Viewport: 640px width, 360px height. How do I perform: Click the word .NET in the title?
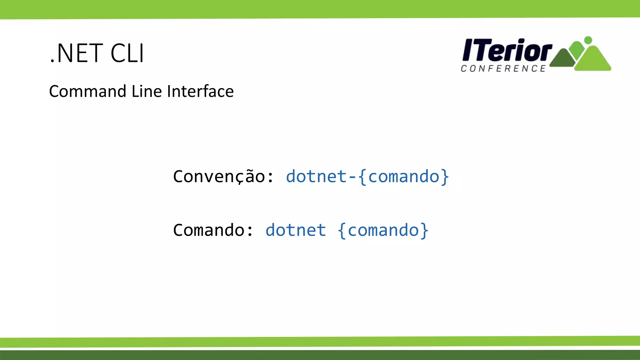pyautogui.click(x=76, y=53)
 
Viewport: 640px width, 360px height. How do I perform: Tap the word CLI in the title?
pyautogui.click(x=127, y=53)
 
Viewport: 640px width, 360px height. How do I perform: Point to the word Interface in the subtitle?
pyautogui.click(x=200, y=92)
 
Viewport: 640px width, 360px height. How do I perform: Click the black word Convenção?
pyautogui.click(x=223, y=177)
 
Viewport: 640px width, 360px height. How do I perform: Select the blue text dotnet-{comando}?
pyautogui.click(x=367, y=177)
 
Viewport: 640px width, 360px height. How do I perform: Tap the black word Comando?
pyautogui.click(x=213, y=230)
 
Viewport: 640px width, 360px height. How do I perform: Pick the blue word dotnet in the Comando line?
pyautogui.click(x=296, y=230)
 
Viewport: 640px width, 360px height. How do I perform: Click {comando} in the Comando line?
pyautogui.click(x=383, y=230)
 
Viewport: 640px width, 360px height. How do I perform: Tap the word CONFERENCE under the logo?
pyautogui.click(x=503, y=69)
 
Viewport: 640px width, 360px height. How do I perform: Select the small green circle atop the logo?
pyautogui.click(x=588, y=40)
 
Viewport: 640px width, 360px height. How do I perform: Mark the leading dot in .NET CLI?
pyautogui.click(x=52, y=62)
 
